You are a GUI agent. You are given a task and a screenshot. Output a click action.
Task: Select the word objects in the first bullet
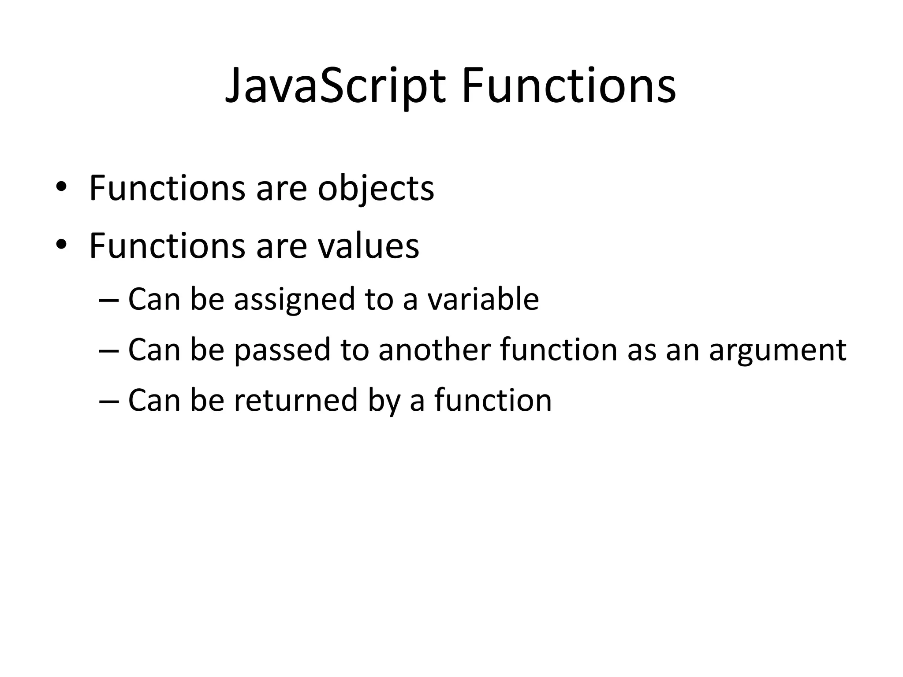click(x=376, y=189)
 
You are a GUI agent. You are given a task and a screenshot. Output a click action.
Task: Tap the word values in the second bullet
click(x=368, y=246)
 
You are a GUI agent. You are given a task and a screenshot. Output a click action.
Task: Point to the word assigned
click(x=294, y=300)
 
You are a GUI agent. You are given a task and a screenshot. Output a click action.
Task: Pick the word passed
click(x=282, y=350)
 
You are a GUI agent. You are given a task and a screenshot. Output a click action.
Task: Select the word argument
click(x=777, y=351)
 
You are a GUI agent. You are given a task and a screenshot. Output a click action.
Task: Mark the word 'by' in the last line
click(x=384, y=401)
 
